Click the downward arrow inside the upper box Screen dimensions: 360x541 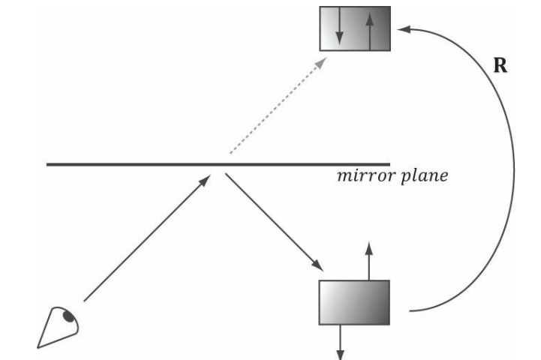point(339,28)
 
